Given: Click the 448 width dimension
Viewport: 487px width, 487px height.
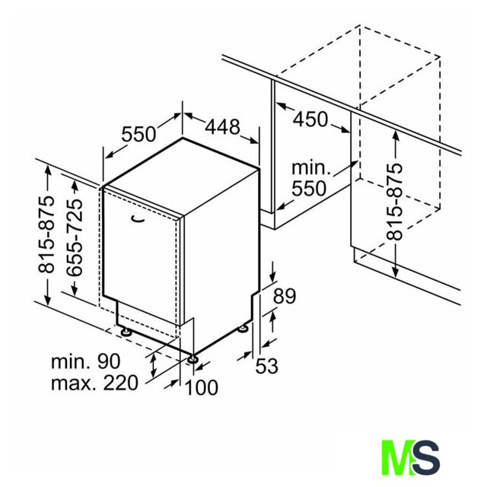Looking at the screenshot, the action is tap(223, 127).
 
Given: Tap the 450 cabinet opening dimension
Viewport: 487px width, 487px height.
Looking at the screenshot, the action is tap(310, 119).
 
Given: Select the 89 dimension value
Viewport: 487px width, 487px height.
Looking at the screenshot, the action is tap(285, 296).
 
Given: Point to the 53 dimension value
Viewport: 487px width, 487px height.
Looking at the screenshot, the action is tap(266, 366).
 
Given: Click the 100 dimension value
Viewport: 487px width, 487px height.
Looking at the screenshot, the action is tap(201, 387).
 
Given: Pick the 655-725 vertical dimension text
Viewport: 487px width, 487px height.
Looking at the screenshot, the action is tap(75, 237).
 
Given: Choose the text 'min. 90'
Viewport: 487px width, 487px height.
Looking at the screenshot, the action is tap(85, 361).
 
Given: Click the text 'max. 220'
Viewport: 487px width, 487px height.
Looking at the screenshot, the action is tap(94, 384).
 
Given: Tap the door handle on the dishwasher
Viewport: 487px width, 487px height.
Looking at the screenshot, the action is tap(138, 219).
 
